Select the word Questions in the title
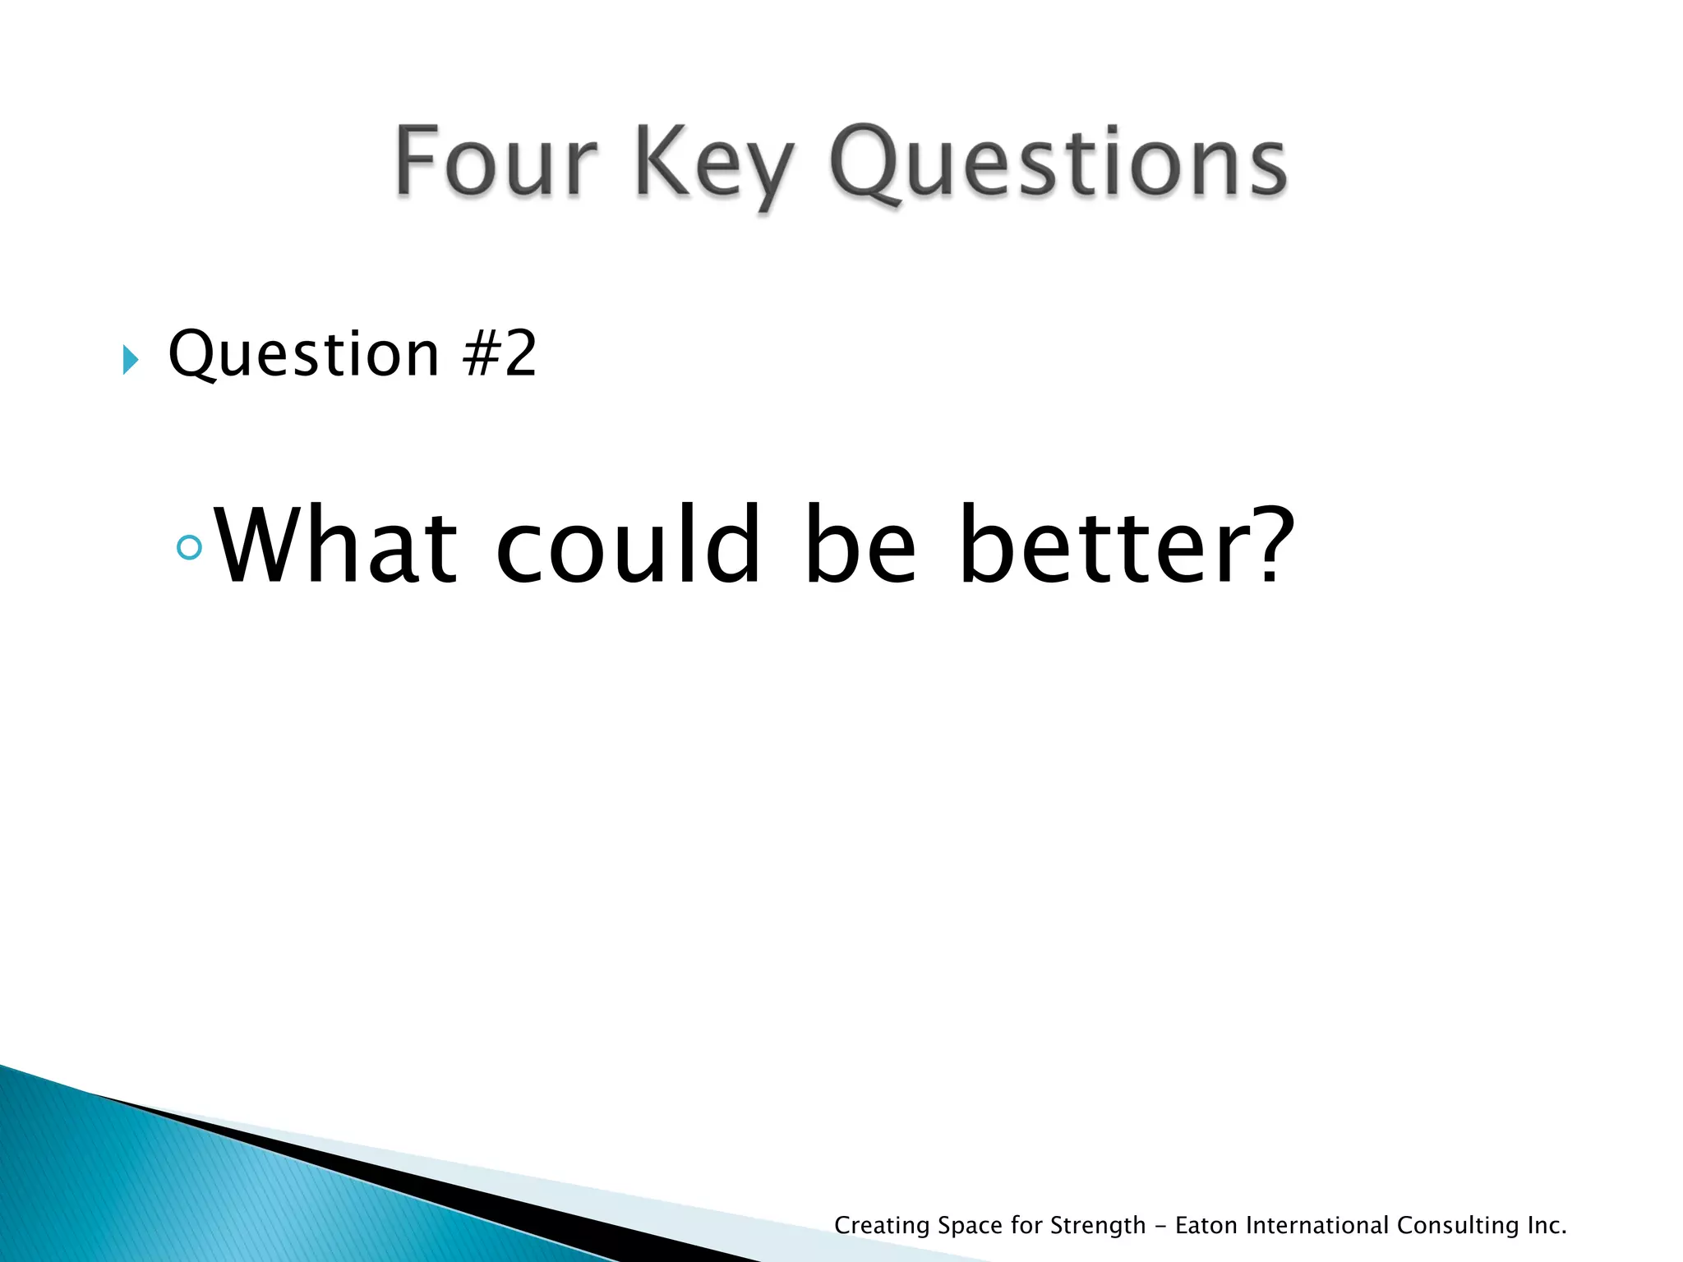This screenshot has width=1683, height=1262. (1058, 164)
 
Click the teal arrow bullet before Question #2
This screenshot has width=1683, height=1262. (130, 359)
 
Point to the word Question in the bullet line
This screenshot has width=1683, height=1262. (304, 355)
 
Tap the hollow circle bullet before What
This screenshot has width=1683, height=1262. (189, 547)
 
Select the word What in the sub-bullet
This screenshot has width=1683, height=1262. (335, 546)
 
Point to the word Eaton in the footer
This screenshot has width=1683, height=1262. (1206, 1225)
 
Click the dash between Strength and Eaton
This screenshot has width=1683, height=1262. (1160, 1226)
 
